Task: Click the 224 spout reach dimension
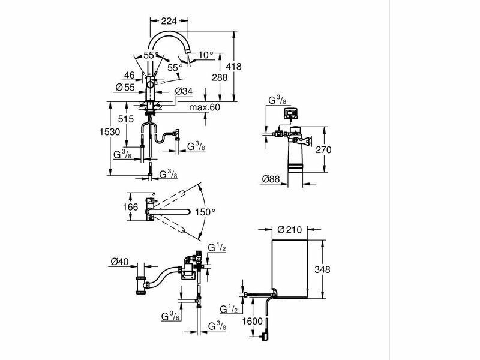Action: point(169,21)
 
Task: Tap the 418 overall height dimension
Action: point(233,67)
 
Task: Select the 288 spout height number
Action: point(220,77)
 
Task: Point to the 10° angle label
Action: point(206,55)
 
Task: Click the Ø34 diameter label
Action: point(184,91)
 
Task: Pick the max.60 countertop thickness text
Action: point(205,107)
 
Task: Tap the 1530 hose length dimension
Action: point(110,131)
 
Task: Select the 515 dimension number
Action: point(126,119)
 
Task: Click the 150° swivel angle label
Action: point(205,212)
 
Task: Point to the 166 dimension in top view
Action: point(130,207)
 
